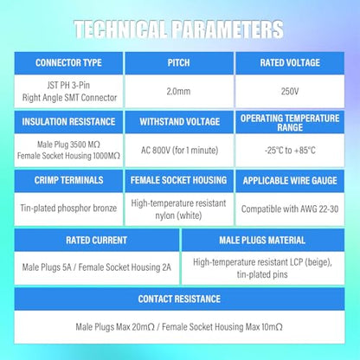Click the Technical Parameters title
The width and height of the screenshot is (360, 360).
pos(178,29)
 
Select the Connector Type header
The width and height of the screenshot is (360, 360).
pos(68,63)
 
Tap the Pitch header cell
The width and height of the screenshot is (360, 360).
pos(179,63)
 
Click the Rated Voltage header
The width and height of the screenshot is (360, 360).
pos(290,63)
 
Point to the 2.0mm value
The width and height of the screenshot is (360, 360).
pos(178,92)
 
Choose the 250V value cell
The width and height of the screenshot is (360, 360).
pos(290,92)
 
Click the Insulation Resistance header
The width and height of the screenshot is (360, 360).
pos(68,122)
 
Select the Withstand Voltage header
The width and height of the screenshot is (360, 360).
pos(180,122)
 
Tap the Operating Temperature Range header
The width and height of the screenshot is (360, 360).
pos(290,123)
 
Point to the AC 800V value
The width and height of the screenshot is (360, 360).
pos(179,151)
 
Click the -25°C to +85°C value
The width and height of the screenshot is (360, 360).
pos(290,151)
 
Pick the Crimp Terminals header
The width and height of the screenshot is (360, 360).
pos(68,180)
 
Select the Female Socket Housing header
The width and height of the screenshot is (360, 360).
pos(178,180)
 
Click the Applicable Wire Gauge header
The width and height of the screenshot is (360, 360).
pos(290,181)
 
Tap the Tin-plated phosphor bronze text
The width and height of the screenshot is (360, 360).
pos(68,208)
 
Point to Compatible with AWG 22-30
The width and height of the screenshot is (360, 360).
pos(290,209)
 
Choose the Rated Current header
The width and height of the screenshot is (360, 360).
pos(96,241)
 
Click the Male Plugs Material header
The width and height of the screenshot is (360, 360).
pos(262,241)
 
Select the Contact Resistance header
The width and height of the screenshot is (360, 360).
pos(179,299)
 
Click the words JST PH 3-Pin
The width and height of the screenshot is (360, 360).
pos(68,85)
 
